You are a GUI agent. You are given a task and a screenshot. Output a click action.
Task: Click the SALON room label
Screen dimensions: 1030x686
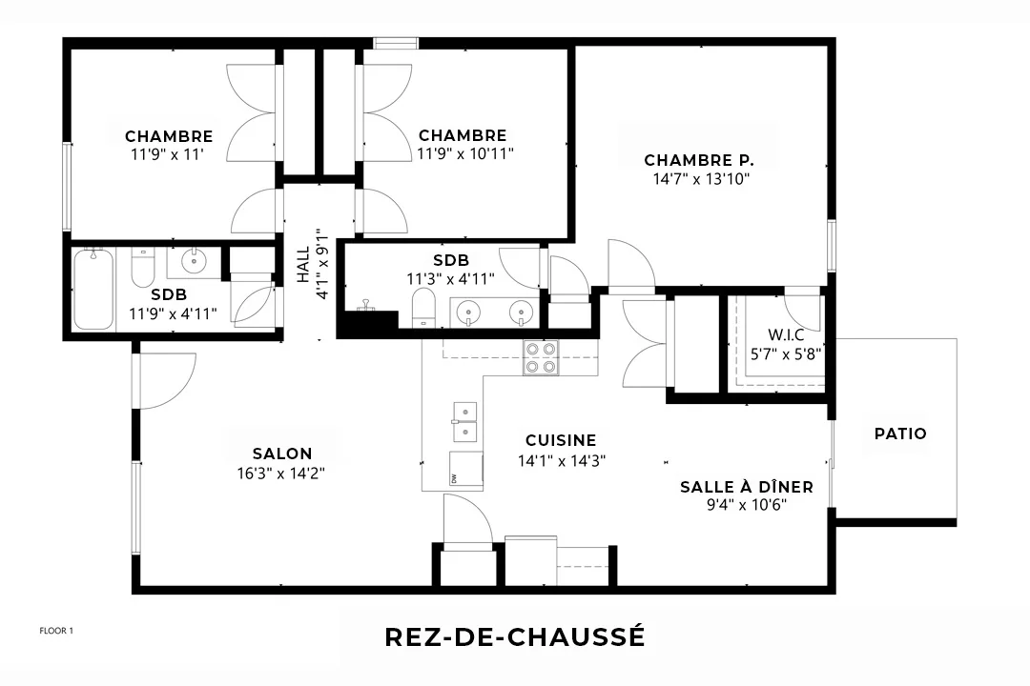coord(282,454)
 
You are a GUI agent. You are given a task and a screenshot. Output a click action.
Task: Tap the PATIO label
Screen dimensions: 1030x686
coord(900,434)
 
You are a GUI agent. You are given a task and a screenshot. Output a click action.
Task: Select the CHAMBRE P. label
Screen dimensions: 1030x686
coord(699,160)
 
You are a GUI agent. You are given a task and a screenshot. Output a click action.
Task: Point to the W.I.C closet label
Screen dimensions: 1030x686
coord(786,334)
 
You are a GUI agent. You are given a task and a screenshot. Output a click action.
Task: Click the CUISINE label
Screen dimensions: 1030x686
coord(561,440)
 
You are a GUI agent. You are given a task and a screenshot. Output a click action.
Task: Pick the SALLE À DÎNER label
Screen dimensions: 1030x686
coord(746,487)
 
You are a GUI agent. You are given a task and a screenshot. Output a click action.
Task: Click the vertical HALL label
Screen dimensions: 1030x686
coord(303,265)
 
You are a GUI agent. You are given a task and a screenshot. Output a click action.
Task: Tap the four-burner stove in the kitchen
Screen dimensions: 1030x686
coord(541,358)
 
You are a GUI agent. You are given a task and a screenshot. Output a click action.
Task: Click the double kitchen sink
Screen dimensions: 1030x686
coord(465,422)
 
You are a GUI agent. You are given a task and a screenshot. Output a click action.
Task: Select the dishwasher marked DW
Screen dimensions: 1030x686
coord(466,469)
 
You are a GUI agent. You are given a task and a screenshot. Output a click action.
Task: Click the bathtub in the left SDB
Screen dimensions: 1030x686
coord(93,289)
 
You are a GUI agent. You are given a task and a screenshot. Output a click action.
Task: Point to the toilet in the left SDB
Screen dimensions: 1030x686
coord(142,268)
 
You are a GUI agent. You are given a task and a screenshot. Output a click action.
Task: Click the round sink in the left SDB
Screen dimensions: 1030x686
coord(194,262)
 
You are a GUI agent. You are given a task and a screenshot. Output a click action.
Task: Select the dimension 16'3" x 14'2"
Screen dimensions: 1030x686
coord(281,473)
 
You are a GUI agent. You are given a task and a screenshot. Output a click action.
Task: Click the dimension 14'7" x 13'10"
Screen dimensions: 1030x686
coord(702,178)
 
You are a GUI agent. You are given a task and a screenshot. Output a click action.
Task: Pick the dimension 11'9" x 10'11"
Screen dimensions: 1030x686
coord(465,153)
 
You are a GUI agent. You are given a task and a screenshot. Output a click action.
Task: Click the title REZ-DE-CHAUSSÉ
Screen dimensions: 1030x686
coord(515,636)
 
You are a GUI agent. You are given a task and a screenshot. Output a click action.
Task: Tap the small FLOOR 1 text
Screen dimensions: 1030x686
coord(56,631)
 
